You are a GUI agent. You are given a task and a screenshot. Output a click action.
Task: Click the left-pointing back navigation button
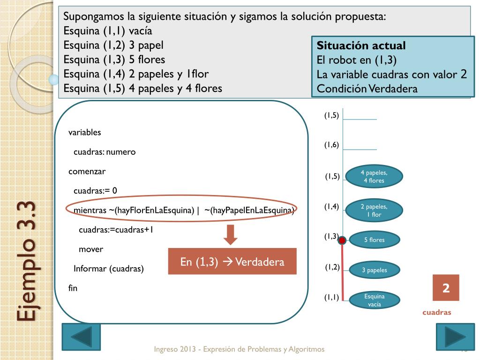tap(81, 337)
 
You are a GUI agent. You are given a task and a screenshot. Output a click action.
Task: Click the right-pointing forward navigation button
tap(455, 337)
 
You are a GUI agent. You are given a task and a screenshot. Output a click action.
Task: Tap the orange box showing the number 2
tap(446, 288)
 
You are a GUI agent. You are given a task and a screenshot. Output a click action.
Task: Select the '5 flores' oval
tap(374, 240)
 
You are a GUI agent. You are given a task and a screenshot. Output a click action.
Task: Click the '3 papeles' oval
tap(374, 270)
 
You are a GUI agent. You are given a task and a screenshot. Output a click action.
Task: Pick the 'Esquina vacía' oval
tap(374, 300)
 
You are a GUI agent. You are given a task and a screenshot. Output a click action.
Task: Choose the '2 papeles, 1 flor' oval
tap(374, 210)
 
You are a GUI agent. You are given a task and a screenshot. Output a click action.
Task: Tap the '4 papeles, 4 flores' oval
tap(374, 177)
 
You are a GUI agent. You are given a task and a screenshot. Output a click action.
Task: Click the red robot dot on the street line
tap(342, 240)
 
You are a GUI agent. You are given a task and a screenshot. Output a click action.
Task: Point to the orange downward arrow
tap(230, 235)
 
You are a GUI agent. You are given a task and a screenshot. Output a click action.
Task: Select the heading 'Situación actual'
tap(361, 46)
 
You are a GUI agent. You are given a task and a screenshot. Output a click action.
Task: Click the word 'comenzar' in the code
tap(87, 171)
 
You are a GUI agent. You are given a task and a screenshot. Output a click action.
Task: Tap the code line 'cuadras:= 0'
tap(95, 190)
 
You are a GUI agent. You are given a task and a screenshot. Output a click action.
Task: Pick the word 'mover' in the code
tap(91, 249)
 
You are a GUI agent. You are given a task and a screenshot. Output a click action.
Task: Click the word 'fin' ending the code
tap(73, 288)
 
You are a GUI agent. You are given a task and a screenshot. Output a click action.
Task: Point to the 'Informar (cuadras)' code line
tap(109, 269)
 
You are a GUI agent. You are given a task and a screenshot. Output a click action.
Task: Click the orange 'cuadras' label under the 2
tap(436, 312)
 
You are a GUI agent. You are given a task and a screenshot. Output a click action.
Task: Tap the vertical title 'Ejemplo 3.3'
tap(27, 261)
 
